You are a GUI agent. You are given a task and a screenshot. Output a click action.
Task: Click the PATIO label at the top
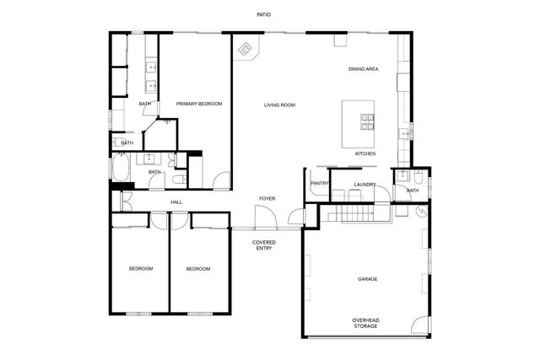[x=265, y=14]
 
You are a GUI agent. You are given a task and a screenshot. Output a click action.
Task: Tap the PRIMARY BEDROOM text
[x=199, y=104]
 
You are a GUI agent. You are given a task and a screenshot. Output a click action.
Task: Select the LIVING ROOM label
[x=279, y=105]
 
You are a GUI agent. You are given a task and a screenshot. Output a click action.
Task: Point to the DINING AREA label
[x=363, y=68]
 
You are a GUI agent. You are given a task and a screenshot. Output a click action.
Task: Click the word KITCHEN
[x=364, y=154]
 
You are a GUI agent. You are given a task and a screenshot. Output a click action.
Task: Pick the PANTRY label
[x=319, y=184]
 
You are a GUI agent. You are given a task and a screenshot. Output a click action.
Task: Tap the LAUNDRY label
[x=364, y=185]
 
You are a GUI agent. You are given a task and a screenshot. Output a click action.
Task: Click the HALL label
[x=176, y=202]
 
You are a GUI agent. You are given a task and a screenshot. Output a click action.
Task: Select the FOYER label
[x=267, y=198]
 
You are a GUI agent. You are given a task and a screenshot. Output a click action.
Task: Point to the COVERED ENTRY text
[x=263, y=245]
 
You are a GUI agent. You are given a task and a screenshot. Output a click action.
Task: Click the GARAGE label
[x=367, y=279]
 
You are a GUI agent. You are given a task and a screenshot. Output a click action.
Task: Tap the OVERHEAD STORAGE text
[x=365, y=323]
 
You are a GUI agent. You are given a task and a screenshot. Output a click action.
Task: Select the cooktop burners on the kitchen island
[x=368, y=123]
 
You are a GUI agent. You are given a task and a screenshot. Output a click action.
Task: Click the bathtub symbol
[x=120, y=172]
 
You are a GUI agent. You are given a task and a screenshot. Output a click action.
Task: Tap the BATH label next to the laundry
[x=413, y=191]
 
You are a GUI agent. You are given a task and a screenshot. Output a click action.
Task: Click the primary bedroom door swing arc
[x=220, y=180]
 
